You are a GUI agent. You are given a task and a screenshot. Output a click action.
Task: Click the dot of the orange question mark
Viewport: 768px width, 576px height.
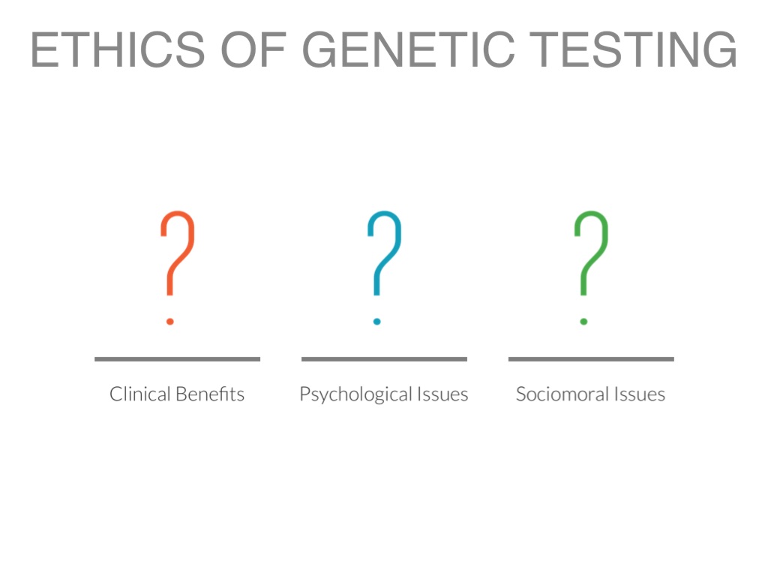170,322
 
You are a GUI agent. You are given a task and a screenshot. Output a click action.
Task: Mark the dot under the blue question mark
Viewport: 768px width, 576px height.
376,322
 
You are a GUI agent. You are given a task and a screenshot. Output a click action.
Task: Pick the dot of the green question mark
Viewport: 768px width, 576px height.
583,322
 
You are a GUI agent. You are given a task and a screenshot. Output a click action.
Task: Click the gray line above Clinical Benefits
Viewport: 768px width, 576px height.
177,359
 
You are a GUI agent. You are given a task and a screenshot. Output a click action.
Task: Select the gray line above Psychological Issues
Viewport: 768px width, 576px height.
384,359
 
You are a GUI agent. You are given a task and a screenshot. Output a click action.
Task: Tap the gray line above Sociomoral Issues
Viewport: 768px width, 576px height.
591,359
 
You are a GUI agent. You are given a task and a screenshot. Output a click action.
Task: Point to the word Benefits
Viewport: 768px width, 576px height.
211,394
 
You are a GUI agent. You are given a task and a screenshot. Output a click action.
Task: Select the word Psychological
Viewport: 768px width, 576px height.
356,394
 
